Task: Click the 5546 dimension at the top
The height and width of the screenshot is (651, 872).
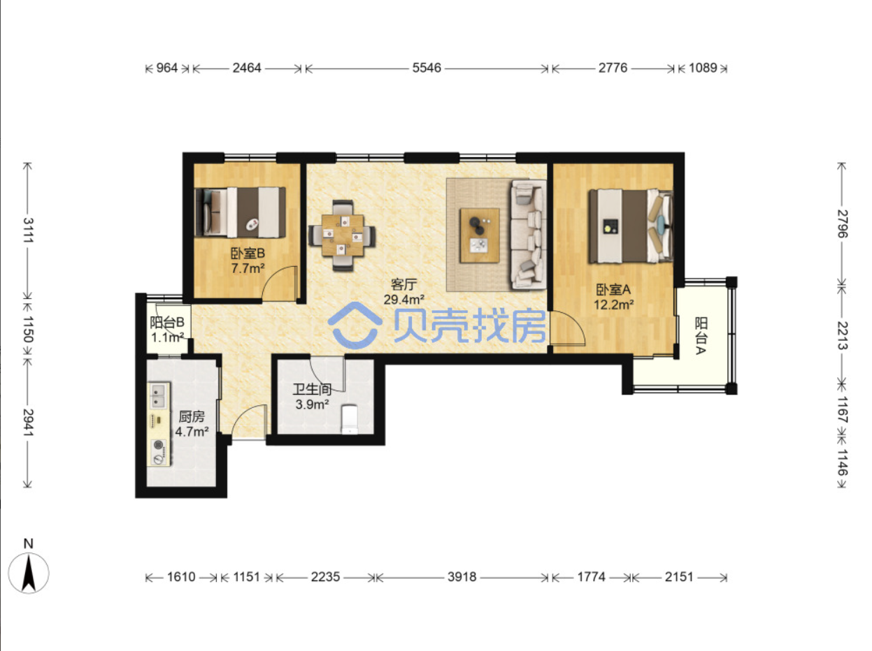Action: pos(427,68)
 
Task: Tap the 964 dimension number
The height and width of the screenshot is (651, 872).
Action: pos(167,68)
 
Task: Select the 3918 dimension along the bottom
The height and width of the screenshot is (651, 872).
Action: pos(462,577)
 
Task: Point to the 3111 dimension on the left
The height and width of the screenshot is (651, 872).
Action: pos(29,230)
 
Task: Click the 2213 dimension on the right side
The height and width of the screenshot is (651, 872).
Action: pos(842,335)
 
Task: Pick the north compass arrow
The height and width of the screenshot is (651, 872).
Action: pos(29,573)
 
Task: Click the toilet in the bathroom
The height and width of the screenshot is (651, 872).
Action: pos(350,419)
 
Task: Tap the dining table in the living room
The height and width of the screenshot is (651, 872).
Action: pos(343,235)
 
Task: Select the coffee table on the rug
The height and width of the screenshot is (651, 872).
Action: pos(480,235)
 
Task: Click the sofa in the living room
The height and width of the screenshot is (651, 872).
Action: pos(528,234)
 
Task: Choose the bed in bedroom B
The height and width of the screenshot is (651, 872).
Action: pos(240,212)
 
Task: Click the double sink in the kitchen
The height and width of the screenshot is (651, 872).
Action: pos(159,395)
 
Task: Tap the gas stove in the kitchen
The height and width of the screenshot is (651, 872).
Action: pos(159,452)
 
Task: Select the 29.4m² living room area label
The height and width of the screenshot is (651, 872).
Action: pos(403,300)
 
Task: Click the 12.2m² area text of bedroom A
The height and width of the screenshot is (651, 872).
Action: pos(614,305)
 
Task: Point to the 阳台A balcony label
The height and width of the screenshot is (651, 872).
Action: pos(701,335)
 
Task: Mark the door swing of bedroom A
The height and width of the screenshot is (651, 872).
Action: pos(567,328)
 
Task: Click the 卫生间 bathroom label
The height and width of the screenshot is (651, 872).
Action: pos(313,390)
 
